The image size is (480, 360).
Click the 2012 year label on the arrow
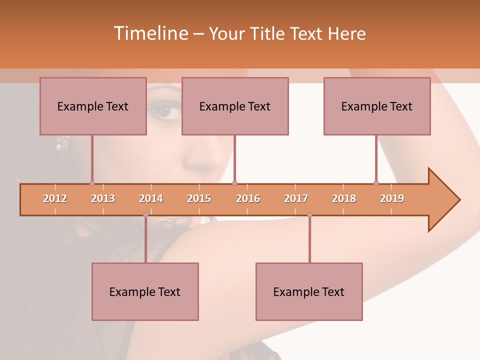tap(55, 198)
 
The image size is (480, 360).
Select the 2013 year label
tap(103, 198)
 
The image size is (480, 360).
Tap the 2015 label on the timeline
tap(199, 198)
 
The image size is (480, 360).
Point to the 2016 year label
tap(248, 198)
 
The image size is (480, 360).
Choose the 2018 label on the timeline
tap(344, 198)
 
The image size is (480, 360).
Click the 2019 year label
tap(392, 198)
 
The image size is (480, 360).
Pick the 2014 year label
tap(151, 198)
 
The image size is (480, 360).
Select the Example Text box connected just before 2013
tap(93, 106)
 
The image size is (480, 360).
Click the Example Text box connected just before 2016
tap(235, 106)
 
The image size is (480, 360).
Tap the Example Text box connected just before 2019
tap(377, 106)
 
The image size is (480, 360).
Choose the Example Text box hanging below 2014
tap(145, 291)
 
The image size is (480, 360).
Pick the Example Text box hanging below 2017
tap(309, 291)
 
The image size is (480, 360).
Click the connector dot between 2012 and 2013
tap(92, 183)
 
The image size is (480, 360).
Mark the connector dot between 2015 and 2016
tap(235, 183)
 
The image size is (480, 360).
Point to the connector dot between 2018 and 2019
tap(376, 183)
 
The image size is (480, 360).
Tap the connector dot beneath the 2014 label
tap(145, 215)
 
